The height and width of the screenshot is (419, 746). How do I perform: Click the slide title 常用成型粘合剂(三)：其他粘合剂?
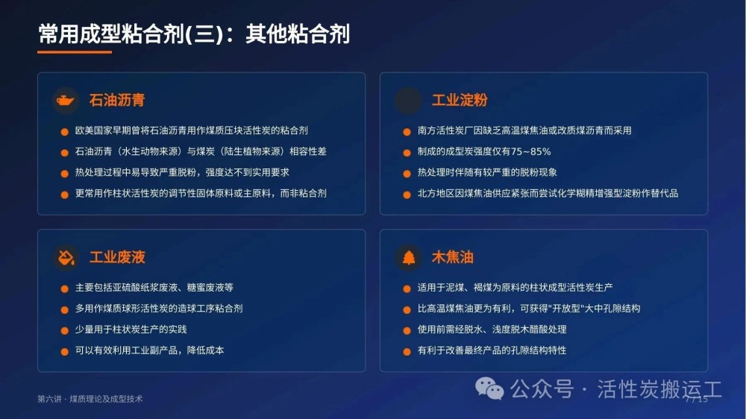pyautogui.click(x=194, y=34)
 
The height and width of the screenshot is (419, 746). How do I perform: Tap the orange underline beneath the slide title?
pyautogui.click(x=75, y=52)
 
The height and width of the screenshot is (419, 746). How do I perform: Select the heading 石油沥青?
pyautogui.click(x=117, y=100)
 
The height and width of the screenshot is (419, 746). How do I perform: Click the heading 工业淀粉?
pyautogui.click(x=460, y=100)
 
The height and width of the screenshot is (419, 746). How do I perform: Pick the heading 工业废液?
pyautogui.click(x=117, y=257)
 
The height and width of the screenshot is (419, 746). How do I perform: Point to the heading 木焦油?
pyautogui.click(x=453, y=257)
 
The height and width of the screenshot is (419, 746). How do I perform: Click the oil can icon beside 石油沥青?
pyautogui.click(x=65, y=101)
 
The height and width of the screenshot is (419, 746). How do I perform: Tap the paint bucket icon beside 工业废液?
pyautogui.click(x=66, y=257)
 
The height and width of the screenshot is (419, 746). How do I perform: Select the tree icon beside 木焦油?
pyautogui.click(x=408, y=257)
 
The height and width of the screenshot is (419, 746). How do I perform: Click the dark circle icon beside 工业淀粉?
pyautogui.click(x=408, y=101)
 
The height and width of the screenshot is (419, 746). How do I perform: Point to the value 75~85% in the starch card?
pyautogui.click(x=531, y=151)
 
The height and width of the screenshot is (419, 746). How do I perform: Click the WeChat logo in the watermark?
pyautogui.click(x=489, y=388)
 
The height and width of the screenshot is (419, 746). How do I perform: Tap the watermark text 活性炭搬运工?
pyautogui.click(x=659, y=389)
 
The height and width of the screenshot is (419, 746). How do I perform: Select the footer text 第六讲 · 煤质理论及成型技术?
pyautogui.click(x=90, y=399)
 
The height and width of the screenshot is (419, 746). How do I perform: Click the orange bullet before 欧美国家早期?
pyautogui.click(x=65, y=132)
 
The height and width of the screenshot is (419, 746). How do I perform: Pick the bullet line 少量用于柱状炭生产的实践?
pyautogui.click(x=131, y=329)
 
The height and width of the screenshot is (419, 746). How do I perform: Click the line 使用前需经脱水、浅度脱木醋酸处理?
pyautogui.click(x=492, y=329)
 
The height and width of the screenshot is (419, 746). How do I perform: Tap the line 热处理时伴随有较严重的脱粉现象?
pyautogui.click(x=487, y=172)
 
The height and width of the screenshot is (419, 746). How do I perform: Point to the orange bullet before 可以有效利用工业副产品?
pyautogui.click(x=65, y=352)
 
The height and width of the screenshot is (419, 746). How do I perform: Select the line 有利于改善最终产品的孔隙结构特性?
pyautogui.click(x=492, y=350)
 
